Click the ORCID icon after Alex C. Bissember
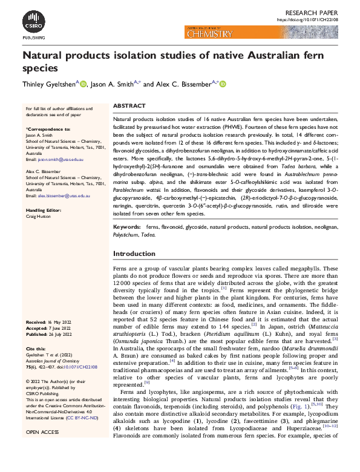click(x=222, y=85)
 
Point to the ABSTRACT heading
click(x=129, y=105)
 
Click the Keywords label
click(x=128, y=244)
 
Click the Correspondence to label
click(x=48, y=129)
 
